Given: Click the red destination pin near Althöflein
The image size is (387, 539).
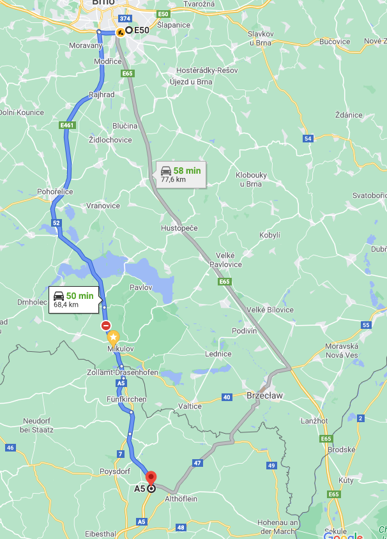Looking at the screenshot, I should tap(151, 478).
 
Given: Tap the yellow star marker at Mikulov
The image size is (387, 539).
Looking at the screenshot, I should tap(113, 337).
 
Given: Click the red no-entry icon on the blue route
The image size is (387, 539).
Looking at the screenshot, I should tap(106, 325).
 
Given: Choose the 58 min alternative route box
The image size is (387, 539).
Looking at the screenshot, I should tap(181, 174).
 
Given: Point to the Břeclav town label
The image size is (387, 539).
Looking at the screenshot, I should tap(264, 396).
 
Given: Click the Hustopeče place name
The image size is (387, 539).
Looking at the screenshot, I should tap(179, 228).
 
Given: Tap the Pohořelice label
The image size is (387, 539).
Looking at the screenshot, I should tap(56, 192).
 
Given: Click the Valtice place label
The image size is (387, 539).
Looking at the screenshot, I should tap(190, 406).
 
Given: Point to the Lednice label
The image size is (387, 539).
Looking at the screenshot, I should tap(218, 354).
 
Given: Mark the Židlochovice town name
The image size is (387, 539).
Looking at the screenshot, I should tap(110, 140).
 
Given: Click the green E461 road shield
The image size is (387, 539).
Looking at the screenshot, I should tap(67, 125).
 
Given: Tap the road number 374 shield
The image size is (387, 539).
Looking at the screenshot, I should tap(125, 20).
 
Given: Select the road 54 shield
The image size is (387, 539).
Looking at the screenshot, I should tap(308, 139).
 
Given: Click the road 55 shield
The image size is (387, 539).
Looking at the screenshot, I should tap(365, 325).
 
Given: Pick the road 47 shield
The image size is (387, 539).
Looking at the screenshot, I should tap(197, 462).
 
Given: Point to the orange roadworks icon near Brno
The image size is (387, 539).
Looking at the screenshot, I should tap(120, 31).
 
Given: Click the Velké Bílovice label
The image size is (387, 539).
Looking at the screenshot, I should tap(270, 310).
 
